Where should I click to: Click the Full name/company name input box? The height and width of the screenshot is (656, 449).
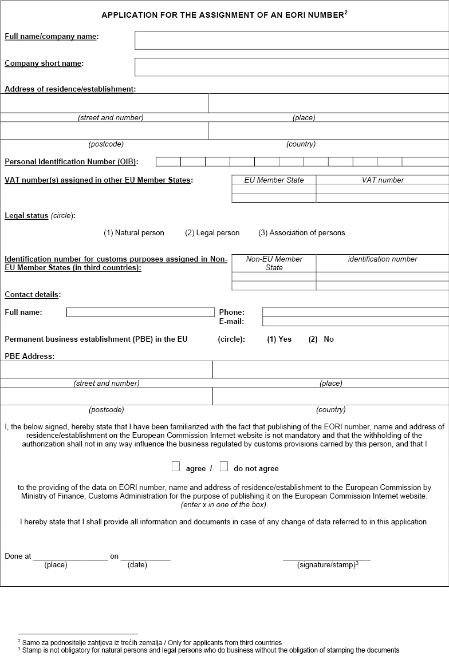coord(292,41)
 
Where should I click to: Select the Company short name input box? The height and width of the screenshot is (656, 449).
coord(292,67)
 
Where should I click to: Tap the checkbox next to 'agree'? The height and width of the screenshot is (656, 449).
coord(176,467)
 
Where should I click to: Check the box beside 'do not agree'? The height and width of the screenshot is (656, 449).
coord(224,467)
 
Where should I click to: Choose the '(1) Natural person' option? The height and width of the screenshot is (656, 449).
coord(133,233)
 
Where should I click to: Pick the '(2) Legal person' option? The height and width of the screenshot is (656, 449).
coord(212,233)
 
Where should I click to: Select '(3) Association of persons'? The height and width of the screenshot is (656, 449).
coord(301,233)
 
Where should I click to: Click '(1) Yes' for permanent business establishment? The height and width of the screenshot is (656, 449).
coord(279,339)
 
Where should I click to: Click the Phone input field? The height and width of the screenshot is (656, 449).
coord(355,313)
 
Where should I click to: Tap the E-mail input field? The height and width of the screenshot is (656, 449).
coord(355,322)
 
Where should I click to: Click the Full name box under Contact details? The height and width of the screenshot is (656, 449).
coord(140,313)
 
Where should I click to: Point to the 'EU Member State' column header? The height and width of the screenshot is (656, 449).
coord(274,180)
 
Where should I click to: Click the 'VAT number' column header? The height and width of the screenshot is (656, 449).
coord(383,180)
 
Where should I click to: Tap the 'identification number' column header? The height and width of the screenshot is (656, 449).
coord(383,259)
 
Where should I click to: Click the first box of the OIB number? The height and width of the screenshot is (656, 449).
coord(168,162)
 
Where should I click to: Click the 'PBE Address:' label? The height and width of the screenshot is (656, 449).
coord(29,356)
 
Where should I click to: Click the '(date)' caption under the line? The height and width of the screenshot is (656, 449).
coord(137,566)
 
